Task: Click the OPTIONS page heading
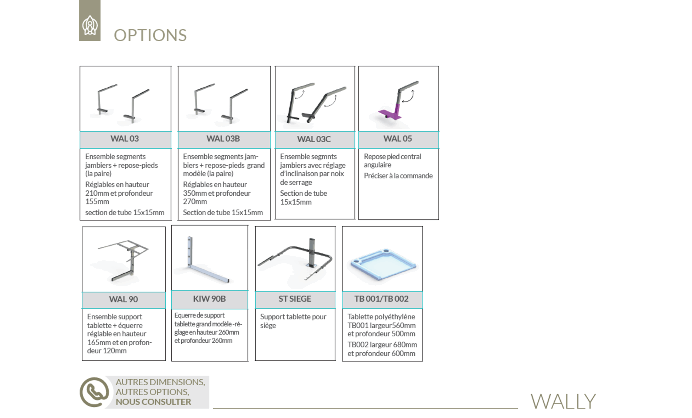(150, 35)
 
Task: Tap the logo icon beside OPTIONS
(90, 25)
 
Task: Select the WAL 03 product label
(125, 139)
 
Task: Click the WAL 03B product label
(223, 139)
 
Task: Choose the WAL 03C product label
(314, 139)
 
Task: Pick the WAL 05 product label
(398, 139)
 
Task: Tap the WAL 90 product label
(124, 299)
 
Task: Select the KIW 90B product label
(209, 299)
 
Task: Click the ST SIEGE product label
(295, 299)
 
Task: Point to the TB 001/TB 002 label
(381, 299)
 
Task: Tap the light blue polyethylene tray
(383, 265)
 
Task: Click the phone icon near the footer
(94, 392)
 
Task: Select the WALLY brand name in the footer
(563, 401)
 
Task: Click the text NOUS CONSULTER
(153, 402)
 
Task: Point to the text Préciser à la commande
(398, 176)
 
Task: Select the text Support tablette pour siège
(293, 321)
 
